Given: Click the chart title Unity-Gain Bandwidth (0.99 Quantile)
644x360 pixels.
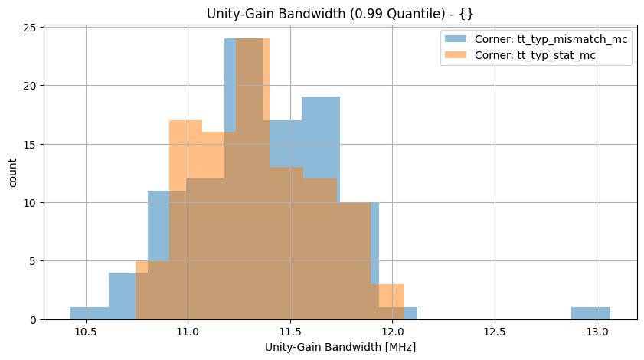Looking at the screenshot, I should pyautogui.click(x=340, y=13).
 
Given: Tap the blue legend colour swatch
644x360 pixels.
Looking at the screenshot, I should pyautogui.click(x=453, y=39).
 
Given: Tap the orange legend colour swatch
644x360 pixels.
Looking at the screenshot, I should pyautogui.click(x=453, y=55).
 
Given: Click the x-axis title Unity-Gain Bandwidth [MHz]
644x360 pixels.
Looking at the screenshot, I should pyautogui.click(x=340, y=347).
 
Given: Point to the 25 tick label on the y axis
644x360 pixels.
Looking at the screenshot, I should pyautogui.click(x=31, y=28).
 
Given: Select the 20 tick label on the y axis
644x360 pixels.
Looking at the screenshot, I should pyautogui.click(x=31, y=86).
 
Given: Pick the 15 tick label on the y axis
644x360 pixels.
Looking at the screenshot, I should pyautogui.click(x=31, y=144).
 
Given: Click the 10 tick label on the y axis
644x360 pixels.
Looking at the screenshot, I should pyautogui.click(x=31, y=203).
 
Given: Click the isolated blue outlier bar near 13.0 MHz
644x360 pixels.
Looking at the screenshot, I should pyautogui.click(x=590, y=313).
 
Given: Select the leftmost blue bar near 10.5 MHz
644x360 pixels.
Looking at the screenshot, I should pyautogui.click(x=90, y=313).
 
